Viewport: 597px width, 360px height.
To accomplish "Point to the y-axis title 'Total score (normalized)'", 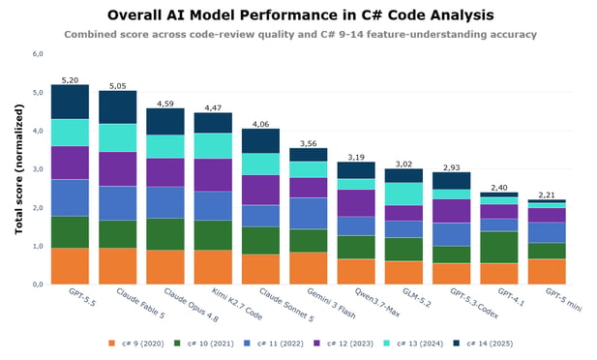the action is coord(19,169).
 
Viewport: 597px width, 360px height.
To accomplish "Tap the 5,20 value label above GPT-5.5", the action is coord(70,80).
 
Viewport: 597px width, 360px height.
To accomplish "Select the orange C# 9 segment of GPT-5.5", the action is coord(70,266).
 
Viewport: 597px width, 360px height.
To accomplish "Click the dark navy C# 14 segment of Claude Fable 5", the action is coord(118,107).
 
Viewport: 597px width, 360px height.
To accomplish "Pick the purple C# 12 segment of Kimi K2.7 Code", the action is coord(213,175).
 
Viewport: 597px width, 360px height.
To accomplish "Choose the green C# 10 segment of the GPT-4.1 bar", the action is coord(499,247).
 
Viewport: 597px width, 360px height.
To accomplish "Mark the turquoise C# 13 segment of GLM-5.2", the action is coord(403,194).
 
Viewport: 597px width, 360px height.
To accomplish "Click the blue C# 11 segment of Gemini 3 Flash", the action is coord(309,213).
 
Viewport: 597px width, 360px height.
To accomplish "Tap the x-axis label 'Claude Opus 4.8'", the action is coord(192,305).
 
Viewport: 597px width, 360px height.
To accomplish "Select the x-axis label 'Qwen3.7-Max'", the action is coord(377,303).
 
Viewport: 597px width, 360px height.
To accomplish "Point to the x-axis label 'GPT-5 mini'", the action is coord(563,300).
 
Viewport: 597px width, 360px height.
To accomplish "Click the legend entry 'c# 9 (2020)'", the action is coord(135,344).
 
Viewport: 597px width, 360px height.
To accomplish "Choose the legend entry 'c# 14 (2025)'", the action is coord(484,344).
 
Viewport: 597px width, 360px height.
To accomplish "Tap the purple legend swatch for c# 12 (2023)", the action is coord(316,344).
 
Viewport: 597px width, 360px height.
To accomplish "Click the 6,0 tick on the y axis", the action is coord(38,54).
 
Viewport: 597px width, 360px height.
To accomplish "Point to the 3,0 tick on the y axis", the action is coord(38,169).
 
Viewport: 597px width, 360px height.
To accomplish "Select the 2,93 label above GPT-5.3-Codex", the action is coord(452,167).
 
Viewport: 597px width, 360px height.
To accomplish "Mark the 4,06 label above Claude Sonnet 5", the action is coord(261,124).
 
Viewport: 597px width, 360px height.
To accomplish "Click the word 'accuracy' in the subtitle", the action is coord(513,35).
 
